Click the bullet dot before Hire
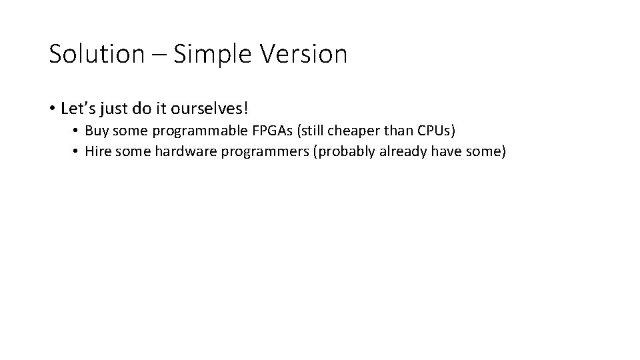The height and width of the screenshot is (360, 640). tap(76, 152)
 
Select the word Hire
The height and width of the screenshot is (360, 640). tap(98, 152)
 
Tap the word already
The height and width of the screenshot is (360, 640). tap(405, 152)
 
